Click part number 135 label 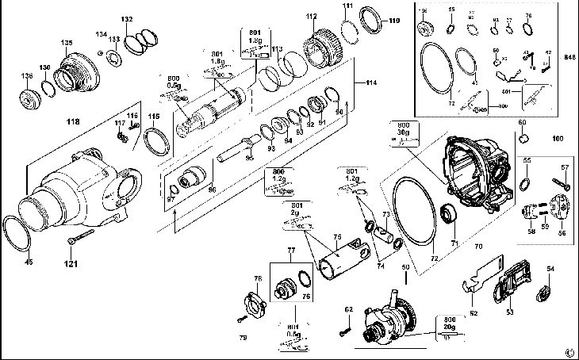pos(67,42)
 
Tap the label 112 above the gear pos(311,16)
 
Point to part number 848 pos(569,58)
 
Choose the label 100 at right pos(558,138)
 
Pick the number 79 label pos(243,338)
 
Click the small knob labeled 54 pos(544,293)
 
